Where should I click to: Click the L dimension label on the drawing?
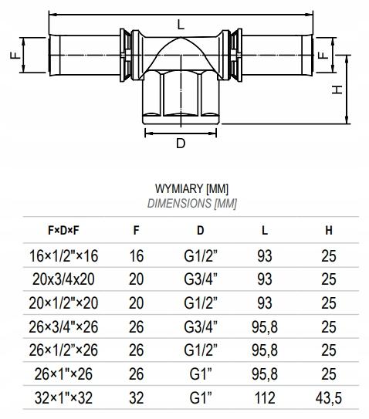click(181, 24)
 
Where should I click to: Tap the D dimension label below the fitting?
click(180, 144)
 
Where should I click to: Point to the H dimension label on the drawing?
click(337, 90)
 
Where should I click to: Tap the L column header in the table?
click(263, 229)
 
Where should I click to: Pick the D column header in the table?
click(200, 229)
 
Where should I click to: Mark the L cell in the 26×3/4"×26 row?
click(263, 327)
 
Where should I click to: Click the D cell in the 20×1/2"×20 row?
click(200, 302)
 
